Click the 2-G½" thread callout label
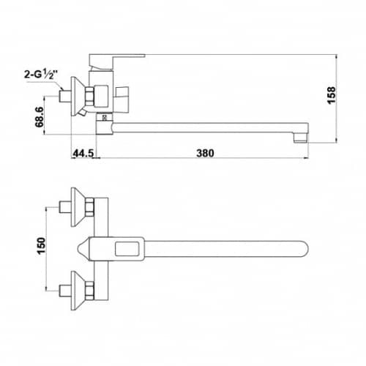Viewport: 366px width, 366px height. coord(40,74)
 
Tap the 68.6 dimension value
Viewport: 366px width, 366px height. coord(39,117)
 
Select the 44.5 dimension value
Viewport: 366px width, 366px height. coord(83,153)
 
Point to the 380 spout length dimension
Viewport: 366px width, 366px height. coord(205,153)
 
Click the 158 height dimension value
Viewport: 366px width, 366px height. coord(331,95)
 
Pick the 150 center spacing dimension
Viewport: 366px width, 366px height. coord(41,246)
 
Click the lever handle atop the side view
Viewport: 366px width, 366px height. coord(116,61)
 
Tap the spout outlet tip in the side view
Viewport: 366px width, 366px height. coord(301,138)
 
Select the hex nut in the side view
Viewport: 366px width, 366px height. coord(89,96)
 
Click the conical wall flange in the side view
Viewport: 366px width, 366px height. coord(78,96)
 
